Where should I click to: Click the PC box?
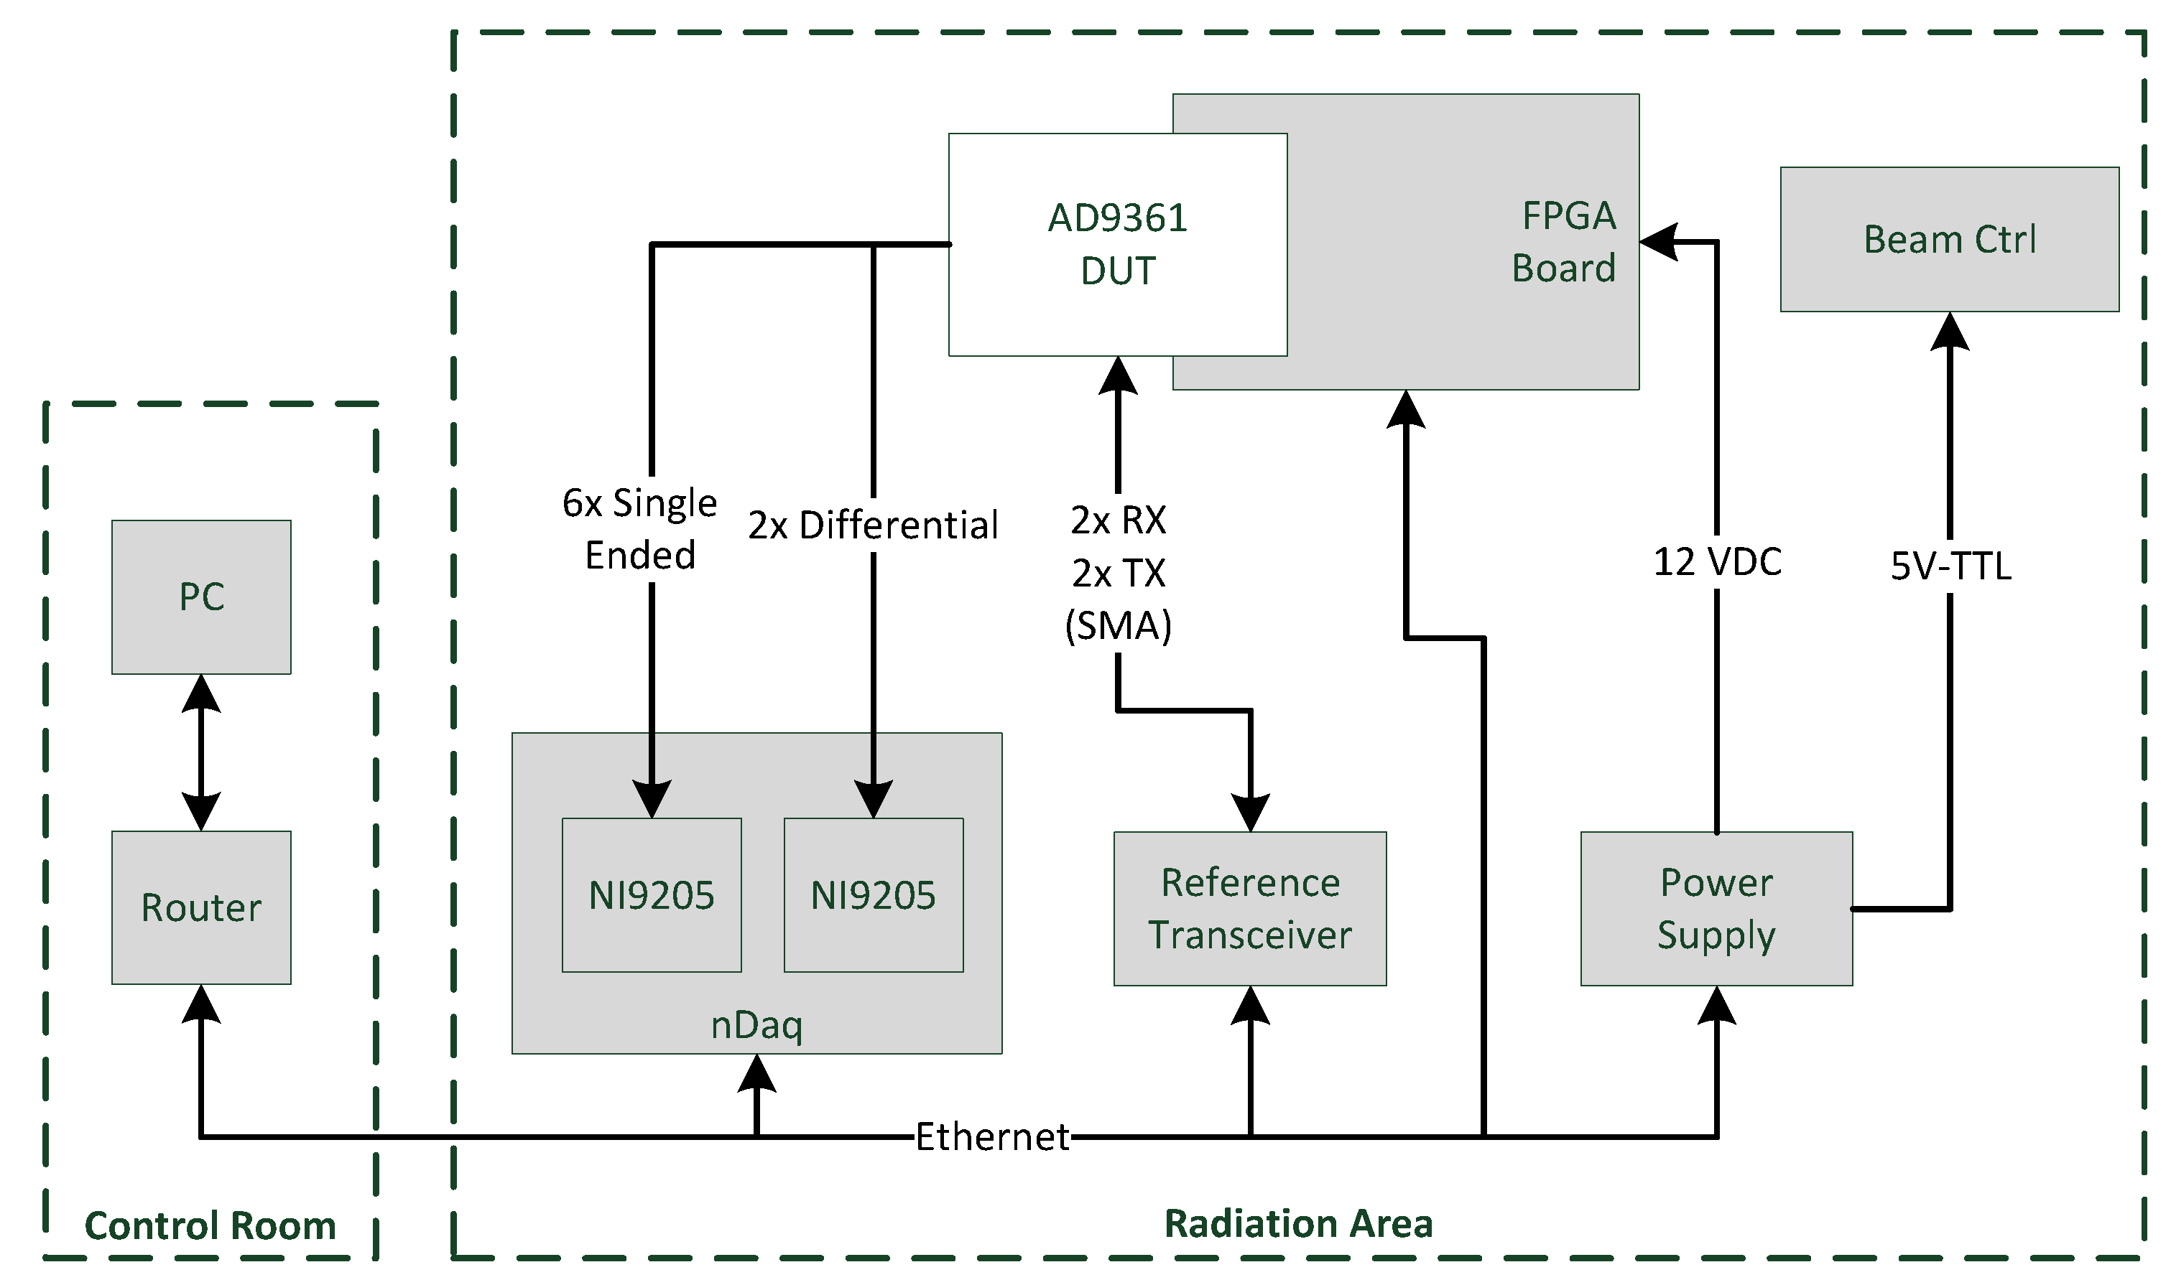(x=201, y=597)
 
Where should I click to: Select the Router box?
(x=201, y=907)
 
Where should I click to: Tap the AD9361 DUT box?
(x=1118, y=244)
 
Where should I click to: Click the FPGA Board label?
(x=1564, y=242)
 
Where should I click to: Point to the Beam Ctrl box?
(x=1949, y=239)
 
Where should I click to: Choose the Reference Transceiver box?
(x=1249, y=910)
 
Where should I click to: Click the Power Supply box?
(x=1716, y=910)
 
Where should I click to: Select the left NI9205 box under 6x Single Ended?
(x=652, y=895)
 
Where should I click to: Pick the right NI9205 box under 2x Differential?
(x=874, y=895)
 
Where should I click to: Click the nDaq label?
(x=756, y=1025)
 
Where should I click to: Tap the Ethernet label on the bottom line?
(x=992, y=1137)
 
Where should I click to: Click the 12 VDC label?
(x=1717, y=562)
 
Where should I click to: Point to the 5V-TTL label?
(x=1950, y=566)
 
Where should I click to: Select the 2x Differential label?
(x=874, y=525)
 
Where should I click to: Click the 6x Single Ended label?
(x=640, y=528)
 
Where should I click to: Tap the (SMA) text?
(x=1118, y=625)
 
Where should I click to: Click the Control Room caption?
(x=210, y=1226)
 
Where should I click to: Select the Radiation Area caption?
(x=1297, y=1223)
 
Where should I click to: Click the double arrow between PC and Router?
(x=201, y=752)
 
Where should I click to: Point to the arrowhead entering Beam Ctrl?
(x=1950, y=332)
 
